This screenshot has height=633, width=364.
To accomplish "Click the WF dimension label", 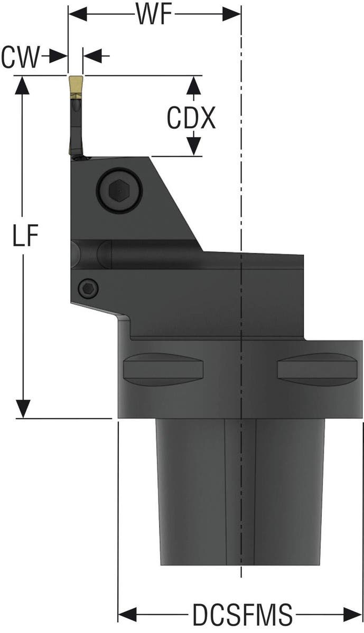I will tap(154, 14).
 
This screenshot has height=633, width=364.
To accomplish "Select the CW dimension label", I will tap(20, 57).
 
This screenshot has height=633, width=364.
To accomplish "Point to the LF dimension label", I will tap(25, 237).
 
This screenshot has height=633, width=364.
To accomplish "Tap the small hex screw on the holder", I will tap(88, 288).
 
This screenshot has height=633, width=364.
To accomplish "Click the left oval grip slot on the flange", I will tap(163, 368).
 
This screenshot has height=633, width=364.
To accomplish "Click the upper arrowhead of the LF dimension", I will tap(22, 84).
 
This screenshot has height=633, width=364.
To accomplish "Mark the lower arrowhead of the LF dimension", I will tap(22, 409).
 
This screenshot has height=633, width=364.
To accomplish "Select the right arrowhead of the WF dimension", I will tap(232, 13).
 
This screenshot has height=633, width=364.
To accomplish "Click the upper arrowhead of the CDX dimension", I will tap(194, 84).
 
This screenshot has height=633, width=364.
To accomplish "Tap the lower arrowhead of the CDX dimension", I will tap(194, 147).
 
